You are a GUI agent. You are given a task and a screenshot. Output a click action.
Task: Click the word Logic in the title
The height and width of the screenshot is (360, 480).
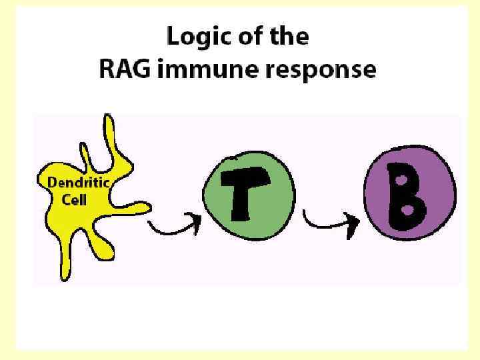point(191,37)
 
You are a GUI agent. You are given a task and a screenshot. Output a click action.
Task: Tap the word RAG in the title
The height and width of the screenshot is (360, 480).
point(123,69)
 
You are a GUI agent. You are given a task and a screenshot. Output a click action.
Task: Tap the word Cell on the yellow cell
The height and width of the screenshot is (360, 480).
point(73,199)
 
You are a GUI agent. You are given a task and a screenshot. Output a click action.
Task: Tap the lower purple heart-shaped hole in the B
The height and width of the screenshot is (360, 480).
point(405,210)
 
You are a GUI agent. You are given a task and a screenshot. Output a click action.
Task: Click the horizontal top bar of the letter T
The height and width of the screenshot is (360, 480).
point(247,178)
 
